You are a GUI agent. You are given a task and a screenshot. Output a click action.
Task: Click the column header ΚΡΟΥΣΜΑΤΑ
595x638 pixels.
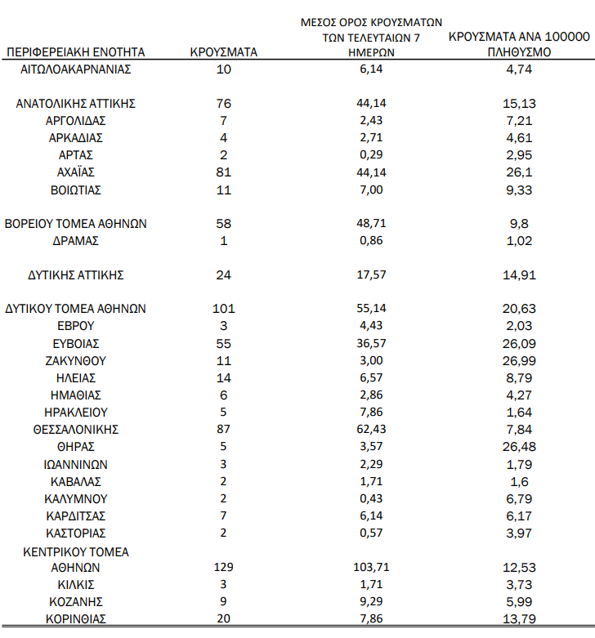pos(223,52)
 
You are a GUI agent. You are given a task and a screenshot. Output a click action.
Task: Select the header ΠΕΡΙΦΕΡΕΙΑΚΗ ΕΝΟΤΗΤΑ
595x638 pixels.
pos(75,52)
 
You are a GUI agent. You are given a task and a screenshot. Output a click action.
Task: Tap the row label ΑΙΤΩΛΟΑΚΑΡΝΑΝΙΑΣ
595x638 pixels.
pos(76,69)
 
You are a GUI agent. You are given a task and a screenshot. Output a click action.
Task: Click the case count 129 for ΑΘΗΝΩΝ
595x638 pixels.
pos(222,568)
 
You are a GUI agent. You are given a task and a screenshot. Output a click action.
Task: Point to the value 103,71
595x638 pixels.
pos(367,568)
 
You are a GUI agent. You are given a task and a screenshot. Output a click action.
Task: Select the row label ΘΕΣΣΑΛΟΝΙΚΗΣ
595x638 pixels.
pos(76,430)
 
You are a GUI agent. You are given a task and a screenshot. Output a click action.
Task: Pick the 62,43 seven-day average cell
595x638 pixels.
pos(367,430)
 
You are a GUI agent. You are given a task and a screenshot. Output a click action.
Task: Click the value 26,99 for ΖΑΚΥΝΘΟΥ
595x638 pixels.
pos(520,361)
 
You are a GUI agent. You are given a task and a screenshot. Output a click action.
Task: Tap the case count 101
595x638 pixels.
pos(223,309)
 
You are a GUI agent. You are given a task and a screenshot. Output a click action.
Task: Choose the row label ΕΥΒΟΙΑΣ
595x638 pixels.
pos(76,344)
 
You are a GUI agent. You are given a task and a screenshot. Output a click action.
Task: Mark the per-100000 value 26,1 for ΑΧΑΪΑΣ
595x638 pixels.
pos(520,172)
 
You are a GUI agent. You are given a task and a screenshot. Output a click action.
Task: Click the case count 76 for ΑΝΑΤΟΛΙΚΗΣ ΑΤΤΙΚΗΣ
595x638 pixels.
pos(223,104)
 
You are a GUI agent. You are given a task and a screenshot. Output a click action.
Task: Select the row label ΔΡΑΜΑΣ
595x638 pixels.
pos(76,241)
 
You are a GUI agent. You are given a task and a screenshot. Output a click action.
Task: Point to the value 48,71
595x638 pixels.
pos(367,224)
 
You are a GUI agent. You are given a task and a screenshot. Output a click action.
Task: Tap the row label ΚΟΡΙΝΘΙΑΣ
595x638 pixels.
pos(76,619)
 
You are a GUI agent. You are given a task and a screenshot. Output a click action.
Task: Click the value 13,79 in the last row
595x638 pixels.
pos(520,619)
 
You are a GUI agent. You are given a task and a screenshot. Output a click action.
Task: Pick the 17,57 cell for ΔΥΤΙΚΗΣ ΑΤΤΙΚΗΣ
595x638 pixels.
pos(367,275)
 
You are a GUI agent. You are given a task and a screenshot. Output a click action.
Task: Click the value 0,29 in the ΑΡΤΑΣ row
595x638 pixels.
pos(367,155)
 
